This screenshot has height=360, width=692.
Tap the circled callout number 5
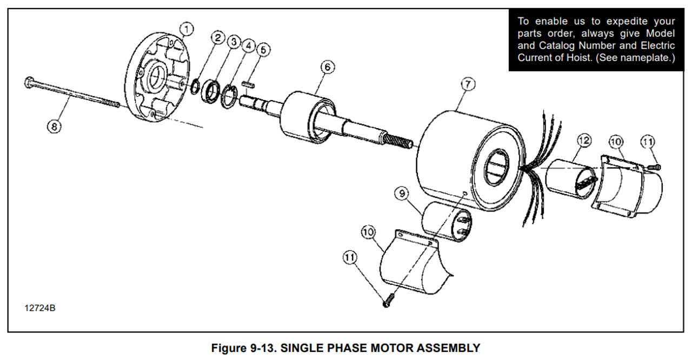pos(263,50)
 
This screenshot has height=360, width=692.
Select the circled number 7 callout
pos(468,84)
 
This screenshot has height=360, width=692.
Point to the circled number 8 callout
pos(54,126)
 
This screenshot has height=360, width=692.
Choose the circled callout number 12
pos(582,141)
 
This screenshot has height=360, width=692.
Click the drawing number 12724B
pos(39,309)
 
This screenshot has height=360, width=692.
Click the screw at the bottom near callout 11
pos(389,301)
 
